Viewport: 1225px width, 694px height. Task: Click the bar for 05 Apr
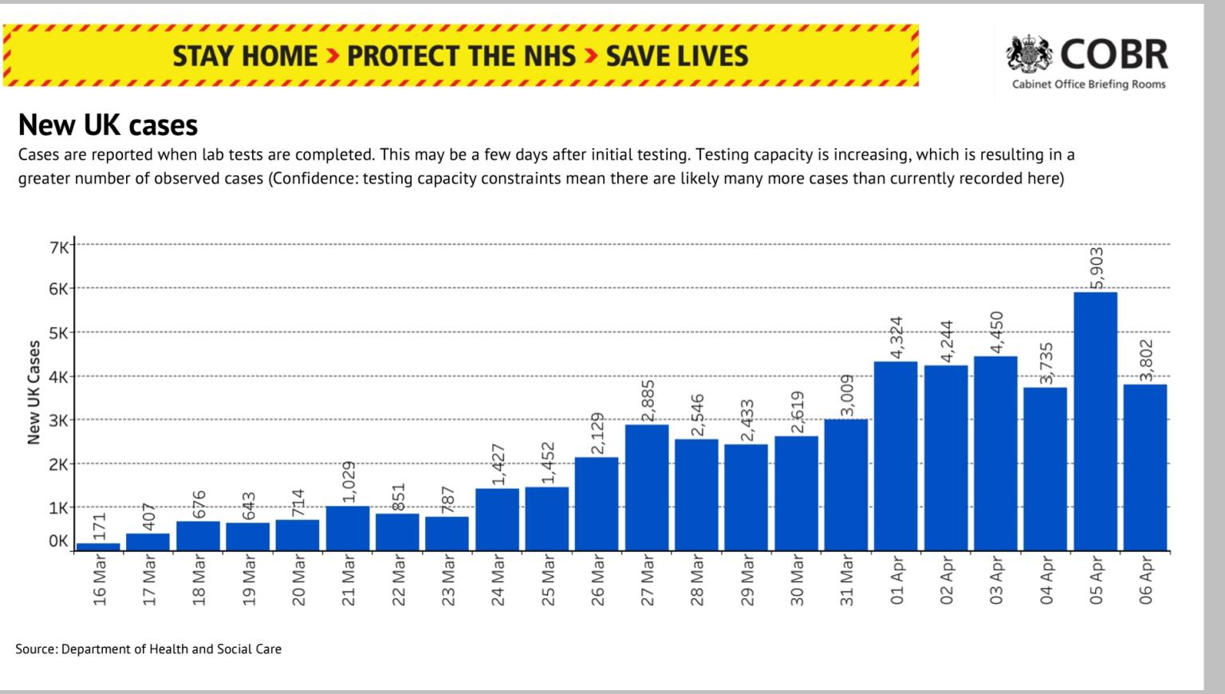1095,421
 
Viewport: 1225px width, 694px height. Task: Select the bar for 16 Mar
98,546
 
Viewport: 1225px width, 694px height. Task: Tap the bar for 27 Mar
647,487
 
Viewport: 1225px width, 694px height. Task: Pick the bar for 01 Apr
896,455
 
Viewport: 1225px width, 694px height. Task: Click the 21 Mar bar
348,528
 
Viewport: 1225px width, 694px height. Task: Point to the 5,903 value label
1097,269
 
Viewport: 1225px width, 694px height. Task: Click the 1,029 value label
349,482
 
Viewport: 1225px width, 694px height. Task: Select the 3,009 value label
847,396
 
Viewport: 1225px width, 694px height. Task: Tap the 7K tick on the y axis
58,246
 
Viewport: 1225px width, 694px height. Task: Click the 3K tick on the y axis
58,420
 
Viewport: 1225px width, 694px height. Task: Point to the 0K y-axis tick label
58,541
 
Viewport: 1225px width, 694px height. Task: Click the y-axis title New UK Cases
33,392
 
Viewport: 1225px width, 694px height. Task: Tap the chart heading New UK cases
108,125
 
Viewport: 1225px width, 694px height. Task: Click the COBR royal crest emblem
1030,53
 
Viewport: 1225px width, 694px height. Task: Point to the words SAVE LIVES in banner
677,56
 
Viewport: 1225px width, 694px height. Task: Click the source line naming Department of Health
148,649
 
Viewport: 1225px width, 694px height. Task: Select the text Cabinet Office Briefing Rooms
1089,85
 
